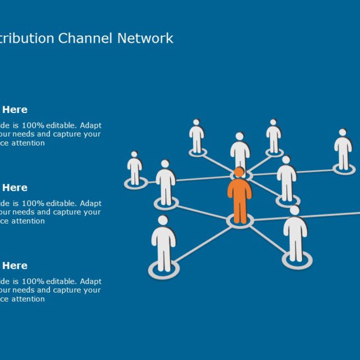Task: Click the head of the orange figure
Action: (239, 172)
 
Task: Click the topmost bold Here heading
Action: (15, 110)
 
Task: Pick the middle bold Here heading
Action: (15, 187)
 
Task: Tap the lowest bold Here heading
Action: (15, 265)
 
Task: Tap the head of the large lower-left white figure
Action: (163, 220)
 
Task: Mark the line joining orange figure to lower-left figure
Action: (202, 242)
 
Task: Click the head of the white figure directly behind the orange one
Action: (240, 137)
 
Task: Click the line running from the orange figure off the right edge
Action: (315, 215)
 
